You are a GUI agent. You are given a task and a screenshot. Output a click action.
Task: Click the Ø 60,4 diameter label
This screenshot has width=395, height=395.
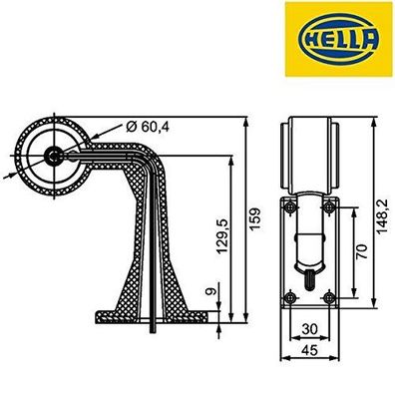pyautogui.click(x=151, y=126)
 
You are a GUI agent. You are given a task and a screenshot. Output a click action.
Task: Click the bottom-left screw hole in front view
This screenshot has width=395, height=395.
pyautogui.click(x=288, y=296)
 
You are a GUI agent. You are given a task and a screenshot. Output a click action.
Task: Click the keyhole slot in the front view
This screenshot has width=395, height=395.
pyautogui.click(x=310, y=274)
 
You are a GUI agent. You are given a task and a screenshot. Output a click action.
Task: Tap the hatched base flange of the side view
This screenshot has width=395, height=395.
pyautogui.click(x=150, y=315)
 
